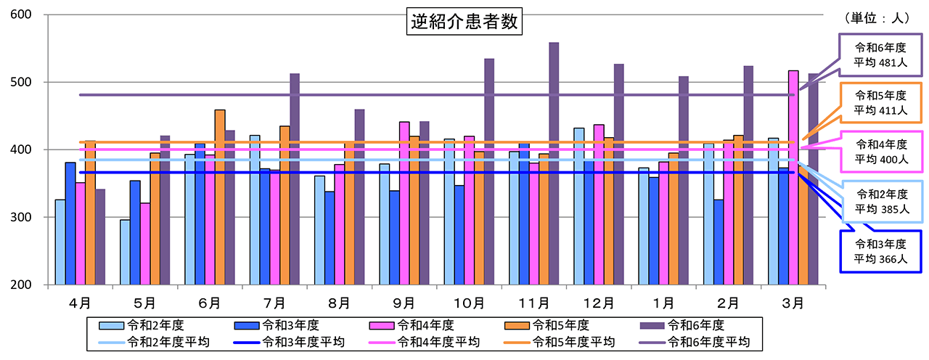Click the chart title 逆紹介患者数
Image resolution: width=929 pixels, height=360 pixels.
(x=463, y=22)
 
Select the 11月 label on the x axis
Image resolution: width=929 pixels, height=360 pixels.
(x=533, y=300)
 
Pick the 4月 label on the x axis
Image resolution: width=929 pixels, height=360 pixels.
(x=80, y=300)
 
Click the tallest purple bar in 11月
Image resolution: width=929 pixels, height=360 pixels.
(x=554, y=163)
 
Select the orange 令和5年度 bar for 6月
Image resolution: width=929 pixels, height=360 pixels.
(x=220, y=197)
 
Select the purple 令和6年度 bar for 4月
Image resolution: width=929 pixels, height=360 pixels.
(x=100, y=237)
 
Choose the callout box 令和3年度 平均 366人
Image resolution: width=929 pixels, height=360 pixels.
(x=880, y=251)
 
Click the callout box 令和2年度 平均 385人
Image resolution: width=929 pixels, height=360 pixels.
(x=880, y=201)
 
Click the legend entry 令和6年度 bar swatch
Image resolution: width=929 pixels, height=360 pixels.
(x=651, y=325)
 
